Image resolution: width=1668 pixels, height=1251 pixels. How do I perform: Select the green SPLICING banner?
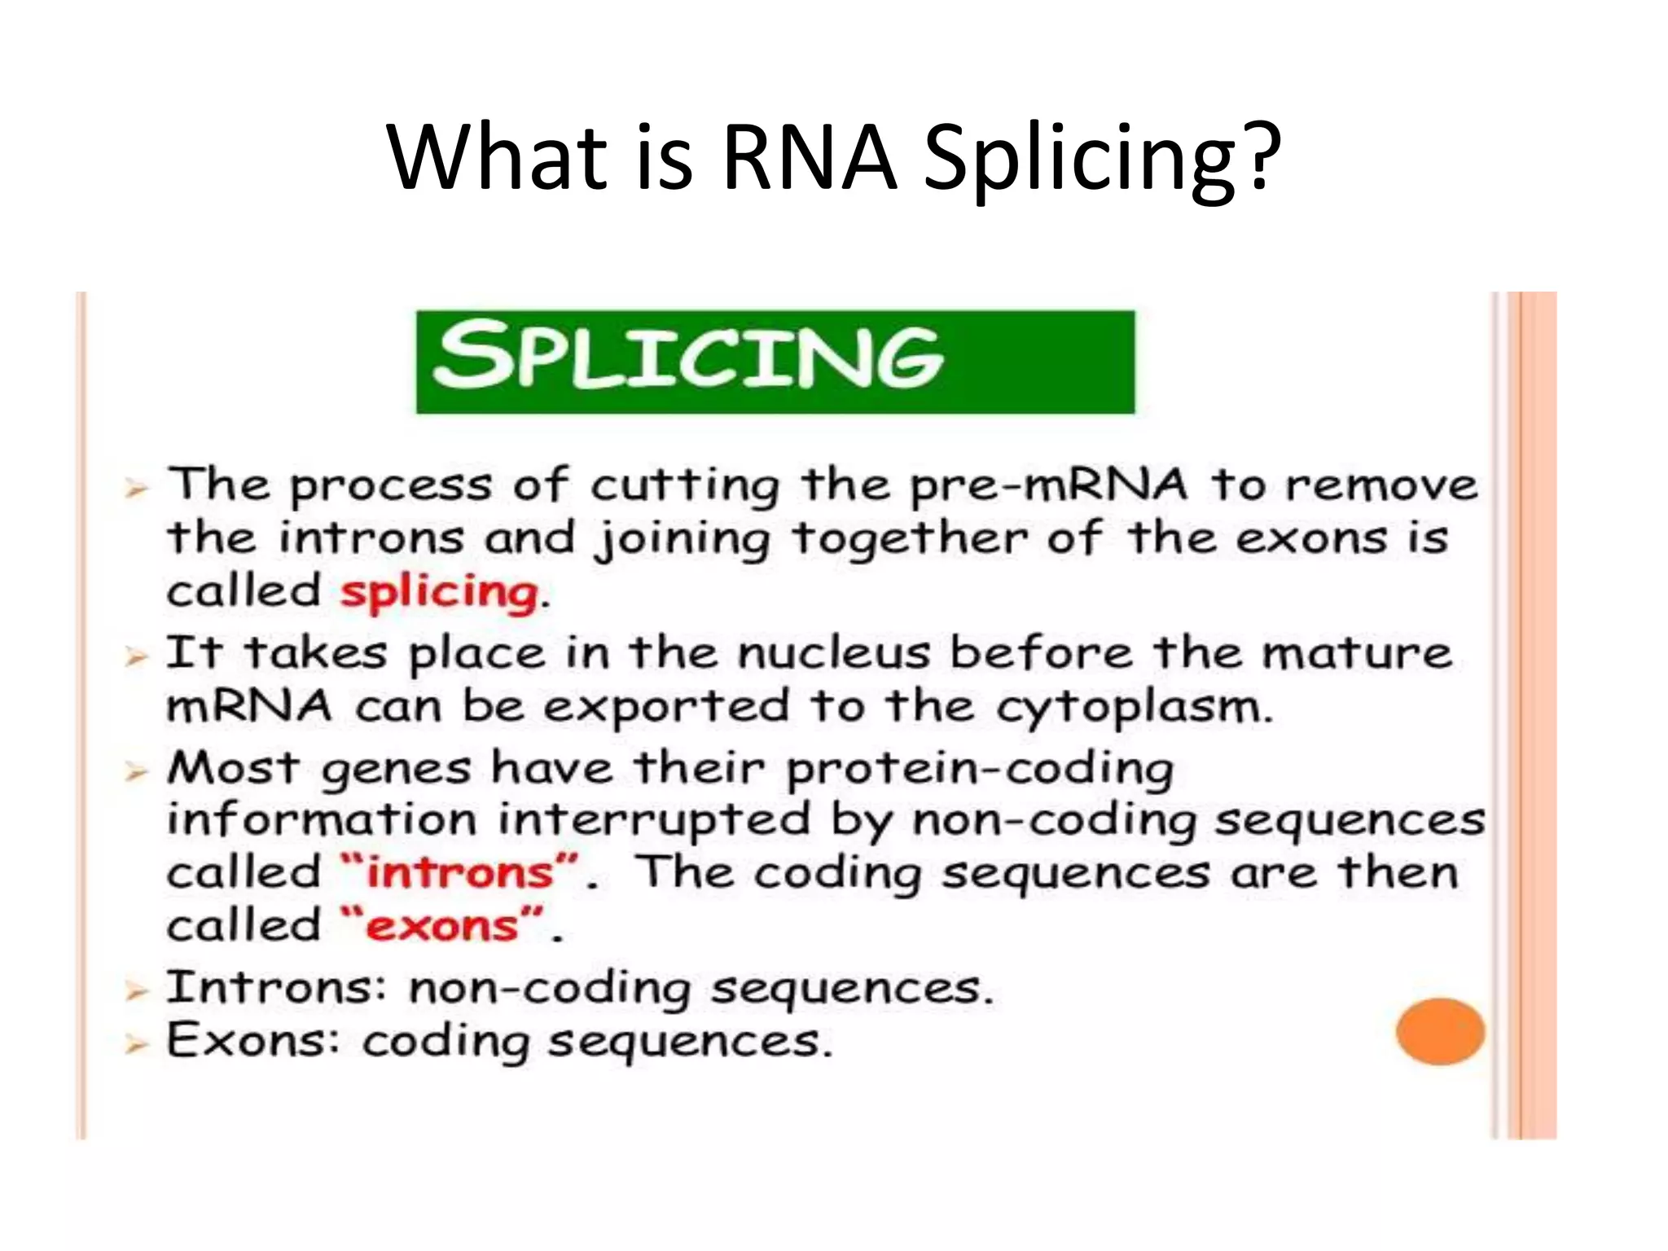coord(775,362)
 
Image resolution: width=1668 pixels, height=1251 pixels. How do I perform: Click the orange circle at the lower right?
coord(1439,1031)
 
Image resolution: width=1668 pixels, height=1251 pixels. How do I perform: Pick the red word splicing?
coord(439,592)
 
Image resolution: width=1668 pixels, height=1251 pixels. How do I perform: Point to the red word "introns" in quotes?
coord(460,874)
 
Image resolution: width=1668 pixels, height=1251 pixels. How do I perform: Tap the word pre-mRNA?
coord(1048,486)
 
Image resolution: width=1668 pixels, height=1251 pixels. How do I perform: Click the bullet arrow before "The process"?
coord(136,489)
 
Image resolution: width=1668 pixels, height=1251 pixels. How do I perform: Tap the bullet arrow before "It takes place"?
coord(136,656)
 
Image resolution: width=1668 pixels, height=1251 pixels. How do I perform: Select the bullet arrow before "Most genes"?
coord(136,771)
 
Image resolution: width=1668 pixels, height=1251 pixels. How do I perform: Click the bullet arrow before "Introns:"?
coord(136,991)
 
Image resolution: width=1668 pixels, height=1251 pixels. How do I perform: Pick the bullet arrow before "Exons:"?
coord(136,1043)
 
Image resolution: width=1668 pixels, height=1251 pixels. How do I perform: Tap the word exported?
coord(666,707)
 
